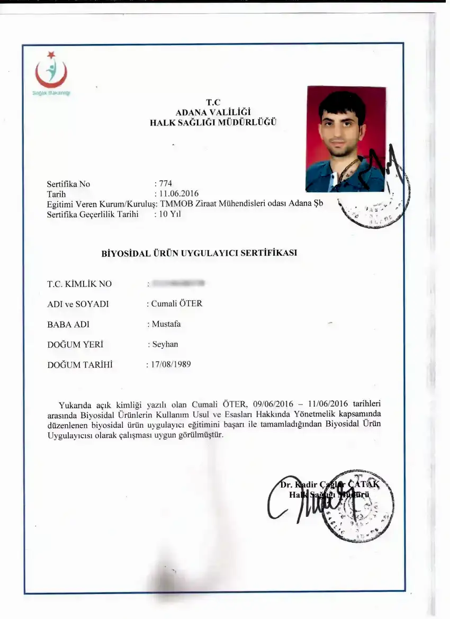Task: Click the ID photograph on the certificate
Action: (346, 139)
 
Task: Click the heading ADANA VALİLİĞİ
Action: (213, 112)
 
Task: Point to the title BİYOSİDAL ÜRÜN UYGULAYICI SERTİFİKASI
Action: (199, 253)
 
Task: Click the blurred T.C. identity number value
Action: (178, 284)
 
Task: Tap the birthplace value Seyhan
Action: (165, 344)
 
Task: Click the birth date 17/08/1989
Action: (171, 364)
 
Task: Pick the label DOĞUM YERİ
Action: (75, 344)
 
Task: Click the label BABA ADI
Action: (68, 324)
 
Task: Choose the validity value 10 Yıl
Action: (170, 214)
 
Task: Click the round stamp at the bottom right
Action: (360, 506)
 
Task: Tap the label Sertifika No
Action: (68, 184)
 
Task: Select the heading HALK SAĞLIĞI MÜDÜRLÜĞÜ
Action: (213, 122)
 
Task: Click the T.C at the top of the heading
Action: (213, 102)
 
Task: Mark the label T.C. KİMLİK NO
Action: (79, 284)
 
